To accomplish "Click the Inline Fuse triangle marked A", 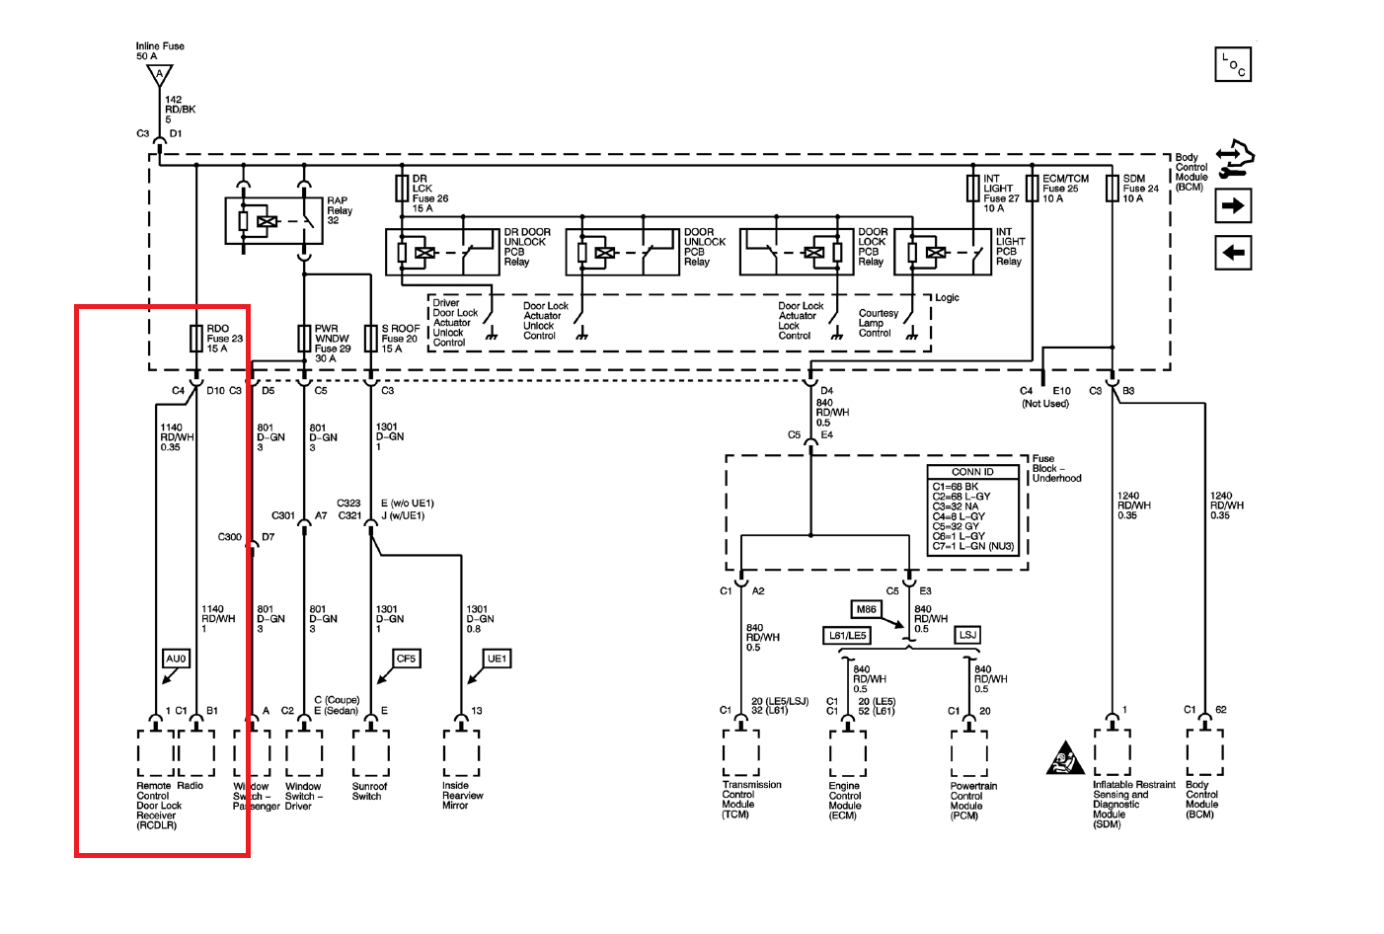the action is (159, 75).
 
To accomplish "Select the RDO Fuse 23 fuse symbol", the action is (195, 339).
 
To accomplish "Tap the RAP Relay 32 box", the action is (273, 221).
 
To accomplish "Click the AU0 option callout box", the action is (176, 659).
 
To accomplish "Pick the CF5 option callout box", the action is (406, 659).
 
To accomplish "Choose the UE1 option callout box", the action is (497, 659).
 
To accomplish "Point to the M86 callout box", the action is (866, 609).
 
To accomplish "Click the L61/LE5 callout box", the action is (847, 636).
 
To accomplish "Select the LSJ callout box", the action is (967, 635).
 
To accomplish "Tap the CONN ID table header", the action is (972, 472).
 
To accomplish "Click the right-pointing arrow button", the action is (1233, 205).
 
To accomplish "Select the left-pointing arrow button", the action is (1233, 253).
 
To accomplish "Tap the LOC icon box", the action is (1233, 64).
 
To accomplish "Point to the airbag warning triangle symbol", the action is (1064, 759).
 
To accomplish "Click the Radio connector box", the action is (196, 753).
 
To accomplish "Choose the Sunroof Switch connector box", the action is (371, 753).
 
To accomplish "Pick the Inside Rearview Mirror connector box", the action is (461, 753).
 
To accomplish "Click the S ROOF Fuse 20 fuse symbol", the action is (371, 339).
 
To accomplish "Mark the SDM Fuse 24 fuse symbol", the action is (1113, 189).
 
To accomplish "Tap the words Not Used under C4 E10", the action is (1044, 404).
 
